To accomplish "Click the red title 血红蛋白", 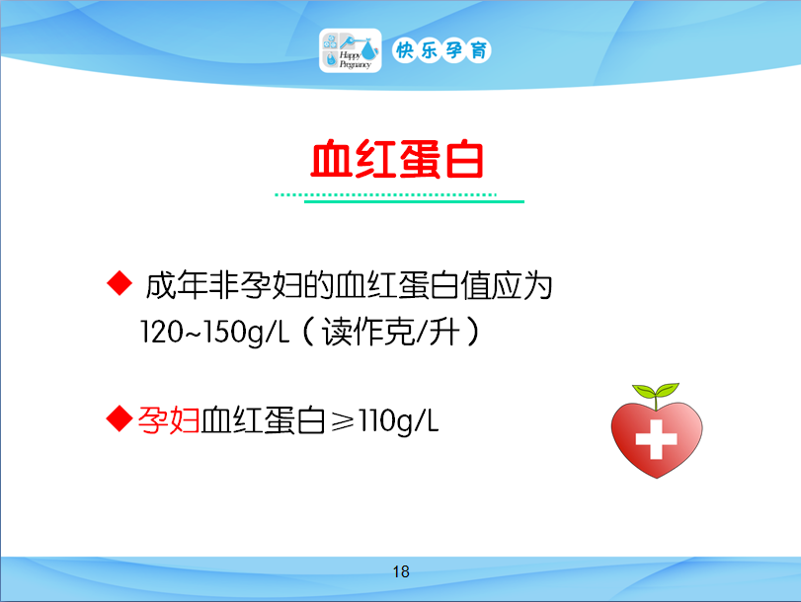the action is click(397, 160).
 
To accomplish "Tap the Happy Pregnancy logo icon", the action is click(351, 50).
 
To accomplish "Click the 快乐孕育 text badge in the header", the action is click(441, 50).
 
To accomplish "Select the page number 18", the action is click(401, 571).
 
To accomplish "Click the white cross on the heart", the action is click(656, 439).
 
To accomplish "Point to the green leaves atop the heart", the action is click(656, 392).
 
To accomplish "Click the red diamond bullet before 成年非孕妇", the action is click(120, 282).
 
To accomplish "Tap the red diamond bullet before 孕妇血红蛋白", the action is click(120, 418).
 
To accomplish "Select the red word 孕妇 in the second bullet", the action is click(169, 420).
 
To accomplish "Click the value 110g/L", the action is click(398, 421).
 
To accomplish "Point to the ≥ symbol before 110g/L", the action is click(343, 421).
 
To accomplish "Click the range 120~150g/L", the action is click(214, 333).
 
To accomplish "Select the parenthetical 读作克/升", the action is click(391, 332).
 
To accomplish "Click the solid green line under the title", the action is click(414, 201).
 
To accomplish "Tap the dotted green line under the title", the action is click(386, 194).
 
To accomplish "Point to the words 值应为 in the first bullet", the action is click(507, 285).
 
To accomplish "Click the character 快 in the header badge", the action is click(405, 50).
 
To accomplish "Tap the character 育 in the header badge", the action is click(479, 50).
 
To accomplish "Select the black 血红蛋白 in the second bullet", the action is click(263, 420).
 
